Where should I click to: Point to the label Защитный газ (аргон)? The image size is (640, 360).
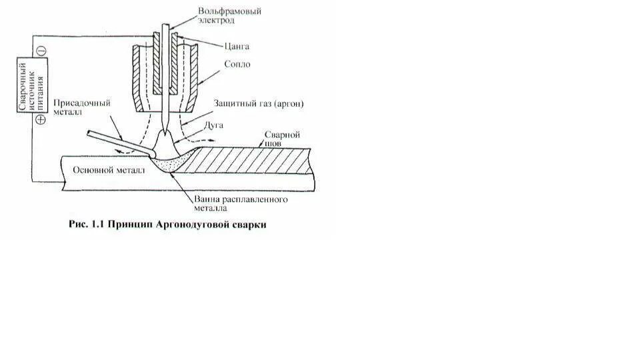coord(248,103)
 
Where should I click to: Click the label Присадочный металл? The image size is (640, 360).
coord(88,108)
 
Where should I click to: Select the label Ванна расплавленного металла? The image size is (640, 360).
coord(241,204)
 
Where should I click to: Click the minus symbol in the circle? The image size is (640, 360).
coord(40,50)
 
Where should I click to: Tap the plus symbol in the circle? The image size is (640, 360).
coord(40,120)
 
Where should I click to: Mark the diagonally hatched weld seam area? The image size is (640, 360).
coord(253,161)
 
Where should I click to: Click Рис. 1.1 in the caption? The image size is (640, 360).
coord(87,225)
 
